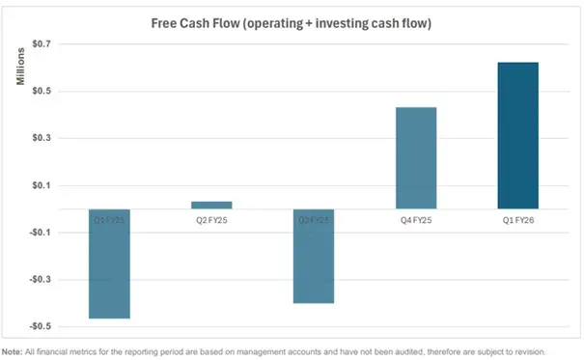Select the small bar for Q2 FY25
coord(211,205)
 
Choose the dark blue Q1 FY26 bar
coord(517,135)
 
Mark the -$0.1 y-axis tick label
coord(42,233)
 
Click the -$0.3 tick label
coord(42,280)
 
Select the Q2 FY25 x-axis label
coord(211,220)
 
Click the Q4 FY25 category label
coord(416,220)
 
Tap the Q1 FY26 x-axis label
coord(517,220)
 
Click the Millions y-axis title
coord(19,67)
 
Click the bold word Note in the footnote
coord(13,351)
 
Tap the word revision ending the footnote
coord(530,351)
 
